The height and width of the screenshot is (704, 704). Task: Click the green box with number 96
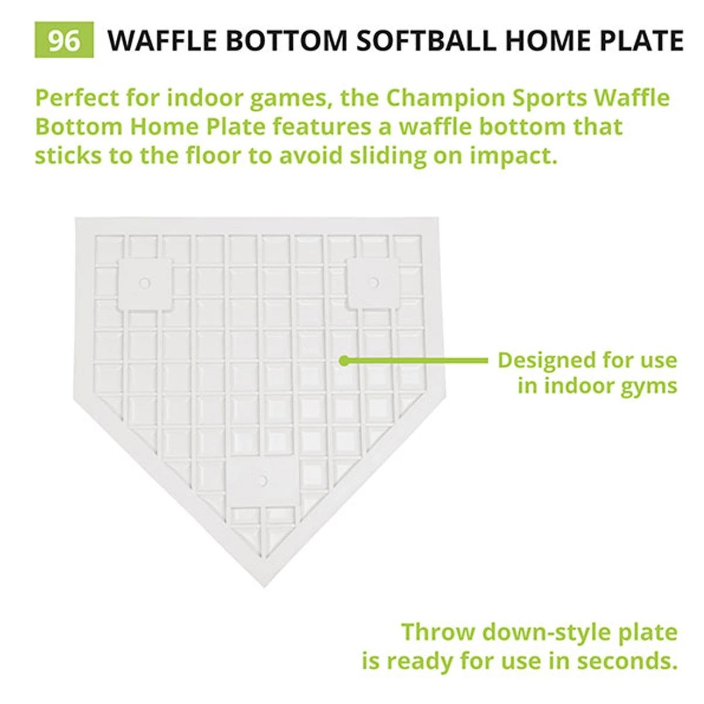(63, 40)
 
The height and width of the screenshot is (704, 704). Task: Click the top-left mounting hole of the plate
(144, 283)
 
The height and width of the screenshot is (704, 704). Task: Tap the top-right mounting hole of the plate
(373, 283)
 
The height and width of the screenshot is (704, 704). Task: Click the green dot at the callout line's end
(344, 360)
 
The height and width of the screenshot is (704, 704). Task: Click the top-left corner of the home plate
(76, 218)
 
